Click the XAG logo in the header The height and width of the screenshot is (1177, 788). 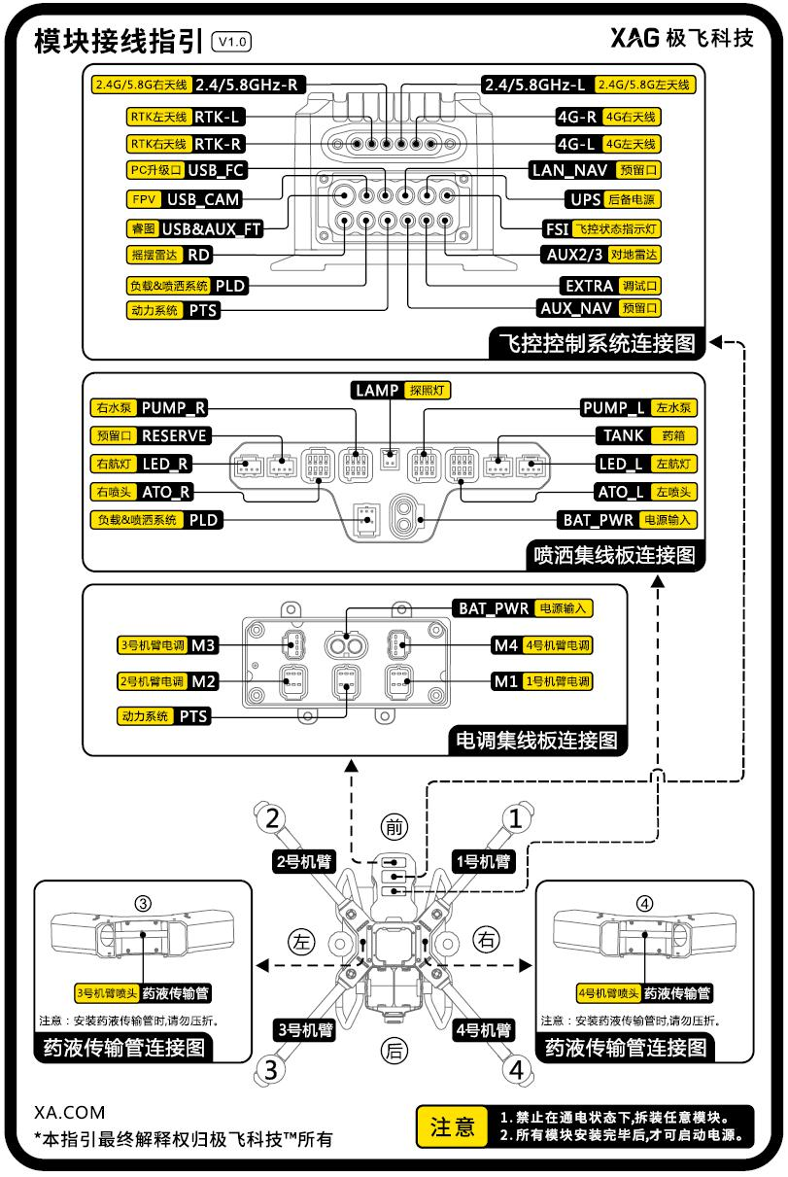[636, 38]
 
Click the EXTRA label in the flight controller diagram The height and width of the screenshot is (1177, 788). [589, 286]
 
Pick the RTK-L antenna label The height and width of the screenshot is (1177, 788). [217, 118]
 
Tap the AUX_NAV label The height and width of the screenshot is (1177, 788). [576, 309]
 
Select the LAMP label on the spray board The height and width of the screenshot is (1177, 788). [376, 391]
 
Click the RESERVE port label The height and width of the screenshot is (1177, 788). [174, 435]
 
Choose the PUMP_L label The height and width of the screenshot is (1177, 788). [613, 408]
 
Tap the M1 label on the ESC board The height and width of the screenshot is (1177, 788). [504, 680]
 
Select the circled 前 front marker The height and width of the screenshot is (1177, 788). [393, 828]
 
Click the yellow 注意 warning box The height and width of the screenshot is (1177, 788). [452, 1126]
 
